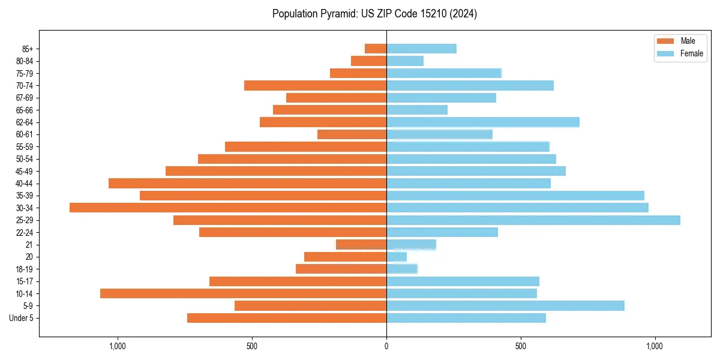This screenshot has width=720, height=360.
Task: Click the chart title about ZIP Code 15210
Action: point(374,14)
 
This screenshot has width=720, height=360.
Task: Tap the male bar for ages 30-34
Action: point(228,208)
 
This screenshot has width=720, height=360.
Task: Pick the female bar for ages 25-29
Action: point(533,220)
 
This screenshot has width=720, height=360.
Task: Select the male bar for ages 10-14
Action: point(243,293)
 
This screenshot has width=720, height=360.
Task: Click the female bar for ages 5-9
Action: point(505,305)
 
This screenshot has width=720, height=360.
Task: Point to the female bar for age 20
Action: point(397,257)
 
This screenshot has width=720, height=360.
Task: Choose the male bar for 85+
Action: point(376,49)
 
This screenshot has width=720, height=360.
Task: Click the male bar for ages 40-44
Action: point(247,183)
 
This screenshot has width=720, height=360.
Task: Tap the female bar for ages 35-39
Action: point(515,196)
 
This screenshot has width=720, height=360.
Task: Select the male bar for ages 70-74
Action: point(315,85)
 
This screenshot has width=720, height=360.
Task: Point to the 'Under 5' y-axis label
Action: point(21,318)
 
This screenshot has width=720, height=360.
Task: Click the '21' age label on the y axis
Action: point(29,245)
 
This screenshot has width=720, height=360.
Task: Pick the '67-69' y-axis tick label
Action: point(25,98)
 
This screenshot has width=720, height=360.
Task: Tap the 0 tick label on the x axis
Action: point(386,346)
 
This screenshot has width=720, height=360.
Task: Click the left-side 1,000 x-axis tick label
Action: point(117,346)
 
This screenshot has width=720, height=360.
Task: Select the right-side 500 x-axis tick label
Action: point(521,346)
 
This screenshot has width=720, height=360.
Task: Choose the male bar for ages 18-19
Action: point(341,269)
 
